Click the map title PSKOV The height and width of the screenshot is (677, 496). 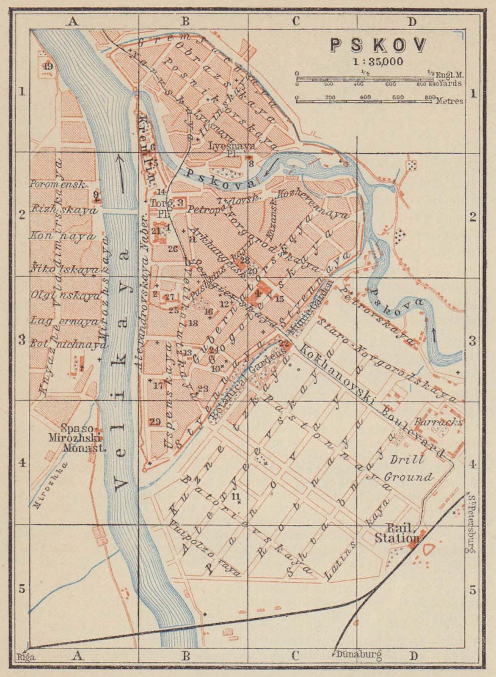[x=378, y=45]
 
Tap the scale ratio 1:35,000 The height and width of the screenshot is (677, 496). [x=378, y=61]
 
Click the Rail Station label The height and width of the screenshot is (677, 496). [x=397, y=534]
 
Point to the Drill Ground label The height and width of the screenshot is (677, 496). [x=408, y=468]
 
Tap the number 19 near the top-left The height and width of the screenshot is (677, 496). [x=48, y=66]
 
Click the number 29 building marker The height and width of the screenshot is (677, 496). [x=155, y=421]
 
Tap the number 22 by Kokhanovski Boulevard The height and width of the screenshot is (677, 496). [x=285, y=344]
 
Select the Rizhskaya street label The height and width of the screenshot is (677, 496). [x=64, y=210]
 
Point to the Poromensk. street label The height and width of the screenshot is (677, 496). [x=58, y=184]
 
